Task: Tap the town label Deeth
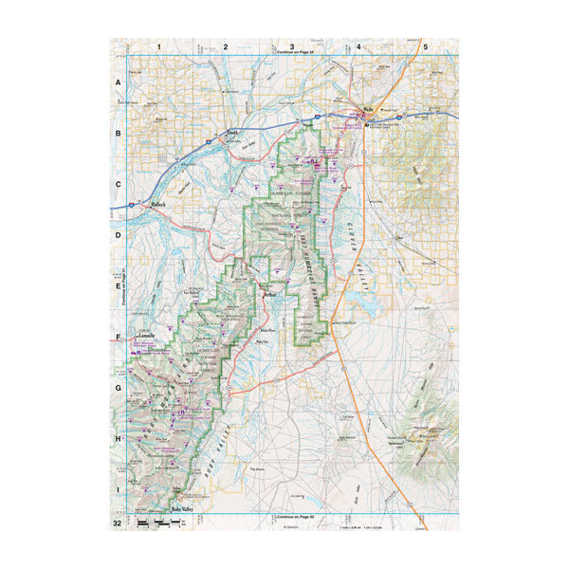pos(233,134)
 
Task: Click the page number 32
pos(118,523)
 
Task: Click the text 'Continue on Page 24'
pos(292,54)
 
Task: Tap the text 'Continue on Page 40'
pos(292,516)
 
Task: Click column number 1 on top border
pos(159,46)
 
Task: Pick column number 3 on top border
pos(292,46)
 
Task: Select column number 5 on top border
pos(426,46)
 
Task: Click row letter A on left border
pos(119,83)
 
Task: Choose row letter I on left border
pos(119,488)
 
